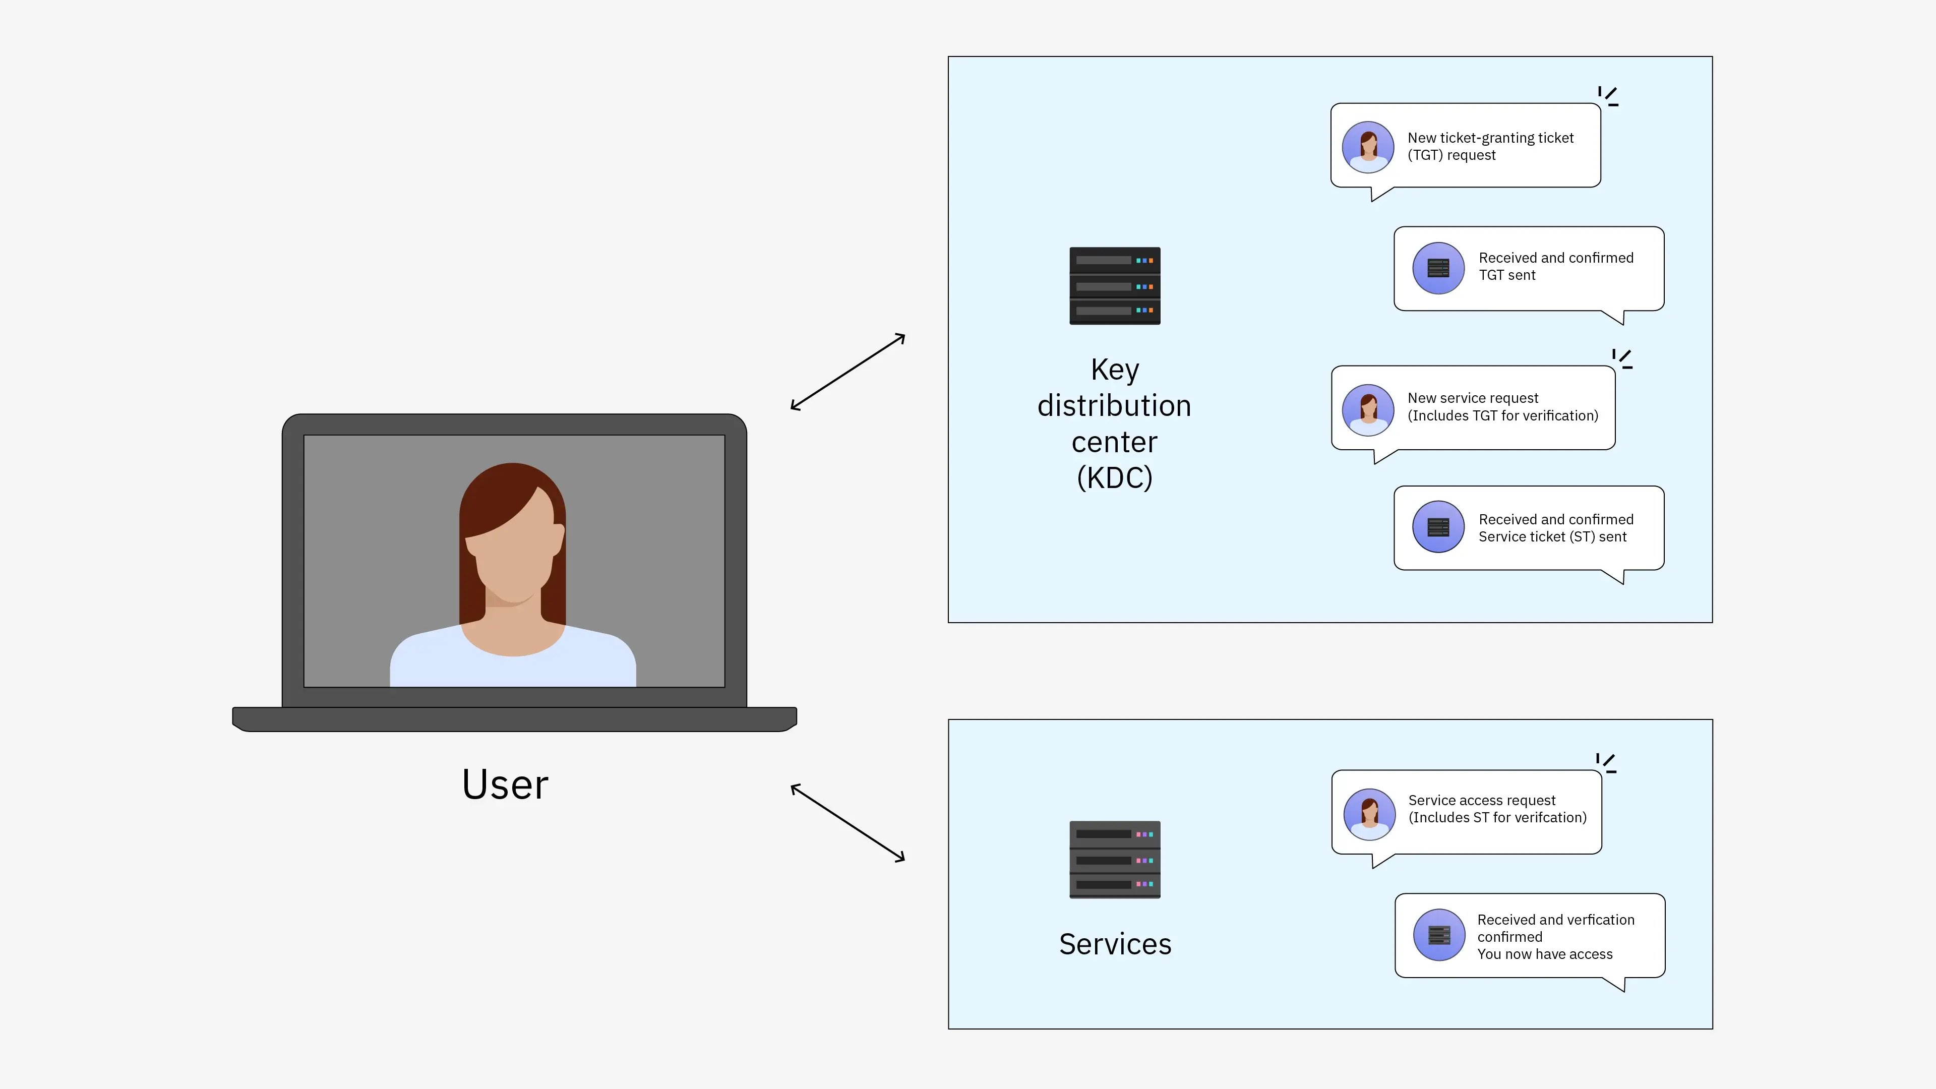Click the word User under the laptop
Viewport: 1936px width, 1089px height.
505,784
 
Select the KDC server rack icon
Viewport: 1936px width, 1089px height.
1115,285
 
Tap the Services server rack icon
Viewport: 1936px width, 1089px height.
1115,859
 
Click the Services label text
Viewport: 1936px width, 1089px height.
1115,944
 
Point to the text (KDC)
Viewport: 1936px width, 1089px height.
1115,478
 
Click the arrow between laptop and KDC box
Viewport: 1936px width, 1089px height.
848,372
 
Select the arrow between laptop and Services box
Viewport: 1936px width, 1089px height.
848,822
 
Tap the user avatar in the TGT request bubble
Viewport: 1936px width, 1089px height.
1368,147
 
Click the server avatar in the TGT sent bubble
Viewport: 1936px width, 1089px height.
1438,268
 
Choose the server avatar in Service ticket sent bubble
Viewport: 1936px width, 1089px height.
1438,527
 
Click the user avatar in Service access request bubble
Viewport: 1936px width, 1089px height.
1369,814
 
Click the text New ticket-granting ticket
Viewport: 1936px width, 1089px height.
1490,138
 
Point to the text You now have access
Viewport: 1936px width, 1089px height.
1544,954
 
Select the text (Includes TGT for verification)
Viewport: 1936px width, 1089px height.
1502,415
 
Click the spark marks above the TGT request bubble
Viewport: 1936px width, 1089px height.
1608,95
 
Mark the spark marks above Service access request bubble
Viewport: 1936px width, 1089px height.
1606,763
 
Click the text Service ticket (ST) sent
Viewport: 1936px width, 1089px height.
1552,536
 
